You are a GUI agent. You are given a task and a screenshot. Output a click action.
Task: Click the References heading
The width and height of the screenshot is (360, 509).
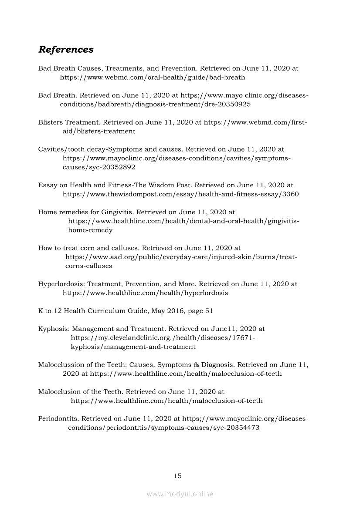pos(66,50)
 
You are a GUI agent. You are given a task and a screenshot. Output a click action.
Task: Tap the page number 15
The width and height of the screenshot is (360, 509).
pos(177,476)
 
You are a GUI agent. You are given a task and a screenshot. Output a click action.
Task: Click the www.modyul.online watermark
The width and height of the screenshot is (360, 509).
pos(180,494)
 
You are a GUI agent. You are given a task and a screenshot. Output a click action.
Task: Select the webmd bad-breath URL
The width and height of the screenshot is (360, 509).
pos(153,78)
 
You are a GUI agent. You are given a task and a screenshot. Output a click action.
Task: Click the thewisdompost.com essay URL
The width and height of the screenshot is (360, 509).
pos(180,194)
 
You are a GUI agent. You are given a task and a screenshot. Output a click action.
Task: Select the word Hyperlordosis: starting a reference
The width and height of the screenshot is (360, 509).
pos(61,284)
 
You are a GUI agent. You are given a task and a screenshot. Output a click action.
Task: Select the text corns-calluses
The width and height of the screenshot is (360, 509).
pos(89,266)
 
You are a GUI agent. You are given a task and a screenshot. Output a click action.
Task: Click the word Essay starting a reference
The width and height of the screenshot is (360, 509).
pos(48,185)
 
